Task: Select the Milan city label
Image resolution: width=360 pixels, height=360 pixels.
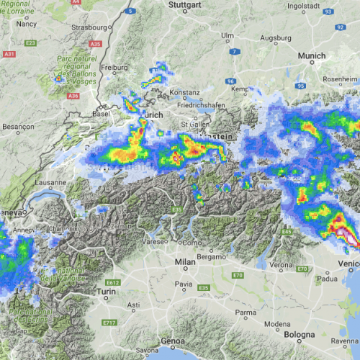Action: pyautogui.click(x=185, y=264)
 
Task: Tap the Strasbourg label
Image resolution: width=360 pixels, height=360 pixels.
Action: pyautogui.click(x=89, y=27)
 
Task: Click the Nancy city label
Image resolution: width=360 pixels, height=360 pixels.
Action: pyautogui.click(x=26, y=23)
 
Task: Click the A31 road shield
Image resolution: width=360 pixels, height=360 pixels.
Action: pyautogui.click(x=9, y=54)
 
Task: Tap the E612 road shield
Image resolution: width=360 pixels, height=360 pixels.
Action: pyautogui.click(x=112, y=283)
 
